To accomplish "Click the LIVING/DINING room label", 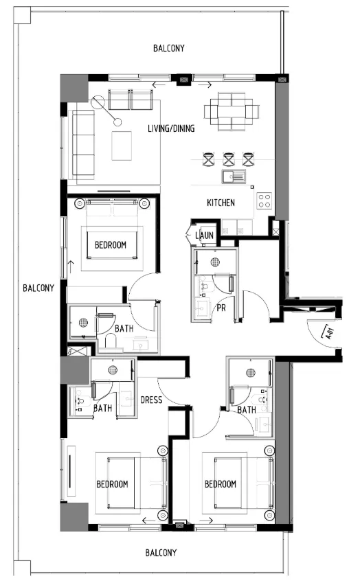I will tap(171, 128).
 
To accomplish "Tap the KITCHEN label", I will tap(221, 203).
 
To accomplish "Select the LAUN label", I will tap(205, 236).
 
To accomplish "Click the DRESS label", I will tap(150, 400).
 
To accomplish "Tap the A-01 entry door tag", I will tap(329, 334).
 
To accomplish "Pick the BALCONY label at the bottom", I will tap(161, 552).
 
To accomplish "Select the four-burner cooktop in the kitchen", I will tap(265, 201).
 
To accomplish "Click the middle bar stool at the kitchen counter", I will tap(229, 159).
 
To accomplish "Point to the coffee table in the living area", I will tap(122, 146).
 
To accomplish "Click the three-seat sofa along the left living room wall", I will tap(82, 145).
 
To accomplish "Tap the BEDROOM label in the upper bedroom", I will tap(110, 244).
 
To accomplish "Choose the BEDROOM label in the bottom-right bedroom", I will tap(220, 484).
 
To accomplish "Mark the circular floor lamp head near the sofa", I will tap(117, 123).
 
